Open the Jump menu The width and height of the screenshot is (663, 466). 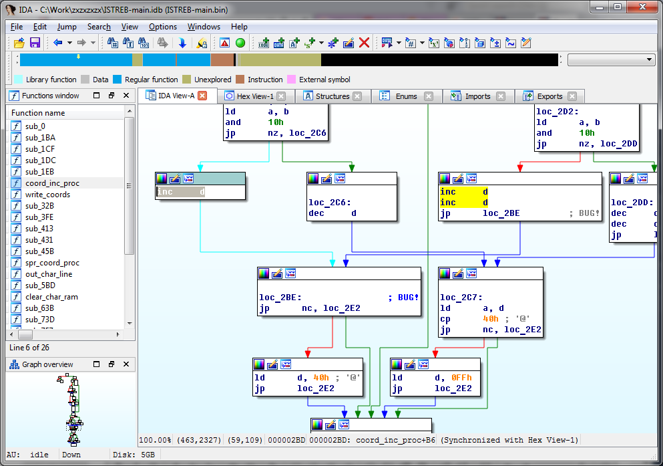click(67, 27)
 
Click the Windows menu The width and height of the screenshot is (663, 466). click(204, 27)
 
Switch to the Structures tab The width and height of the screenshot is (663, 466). click(332, 96)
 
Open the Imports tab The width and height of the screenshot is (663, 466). click(477, 96)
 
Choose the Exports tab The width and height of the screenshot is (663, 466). click(549, 96)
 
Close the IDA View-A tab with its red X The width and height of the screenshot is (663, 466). click(202, 96)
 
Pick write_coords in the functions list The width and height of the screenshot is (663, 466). click(47, 195)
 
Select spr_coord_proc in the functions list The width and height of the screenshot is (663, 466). click(52, 263)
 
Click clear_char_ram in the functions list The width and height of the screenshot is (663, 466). click(51, 297)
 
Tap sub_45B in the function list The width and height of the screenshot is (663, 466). click(39, 251)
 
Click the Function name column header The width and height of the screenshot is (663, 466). click(38, 113)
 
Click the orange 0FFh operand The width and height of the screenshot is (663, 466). click(461, 378)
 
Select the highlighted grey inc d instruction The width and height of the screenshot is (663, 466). click(181, 192)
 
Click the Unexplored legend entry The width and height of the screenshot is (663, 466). click(213, 80)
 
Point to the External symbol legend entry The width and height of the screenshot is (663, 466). click(324, 80)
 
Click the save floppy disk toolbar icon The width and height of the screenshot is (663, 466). click(35, 43)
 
